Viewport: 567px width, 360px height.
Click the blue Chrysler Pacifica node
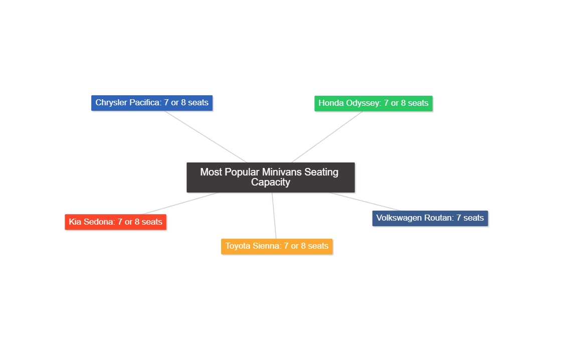point(152,103)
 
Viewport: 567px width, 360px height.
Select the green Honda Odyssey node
point(373,103)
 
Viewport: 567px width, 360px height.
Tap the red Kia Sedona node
point(115,222)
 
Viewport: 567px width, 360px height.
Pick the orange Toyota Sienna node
point(277,246)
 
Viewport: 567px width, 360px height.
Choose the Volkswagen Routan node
point(430,218)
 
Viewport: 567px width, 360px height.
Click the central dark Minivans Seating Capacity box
point(270,177)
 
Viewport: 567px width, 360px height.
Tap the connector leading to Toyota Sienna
point(274,216)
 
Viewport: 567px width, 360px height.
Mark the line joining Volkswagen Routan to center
point(365,202)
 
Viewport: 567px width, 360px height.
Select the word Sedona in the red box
point(99,222)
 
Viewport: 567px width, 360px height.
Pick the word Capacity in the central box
point(270,183)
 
